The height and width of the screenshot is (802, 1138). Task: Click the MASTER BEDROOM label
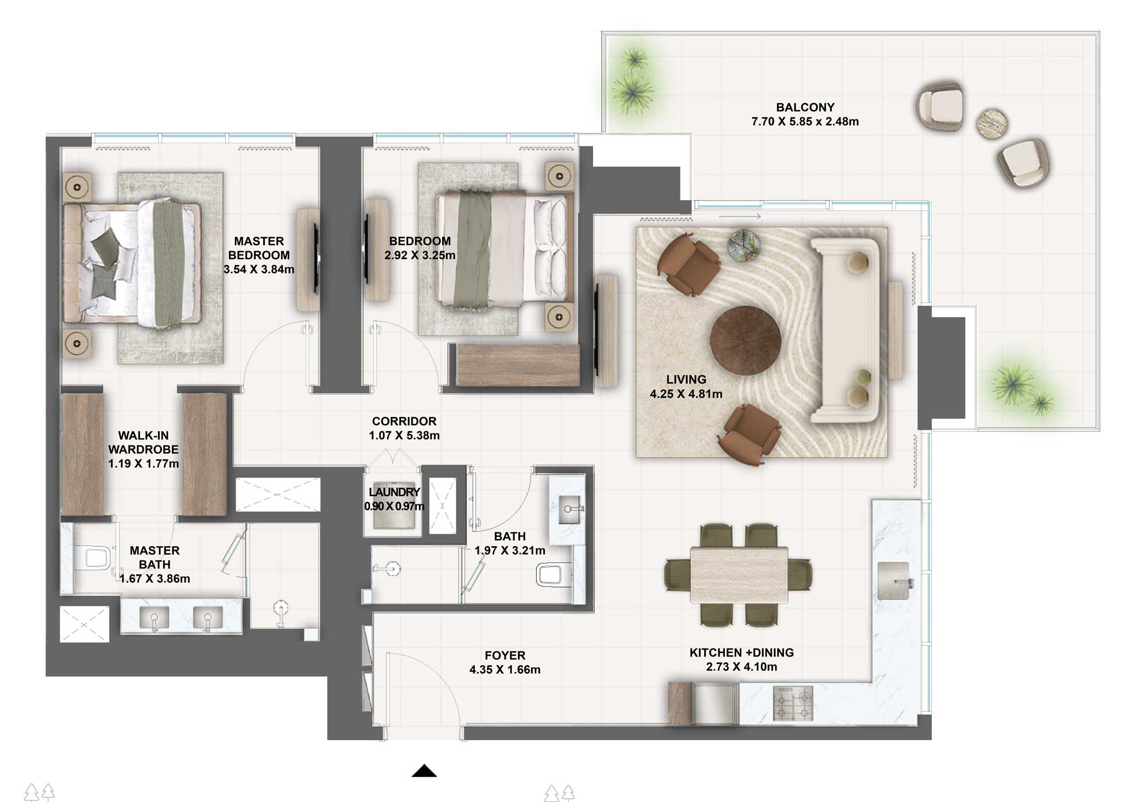(259, 248)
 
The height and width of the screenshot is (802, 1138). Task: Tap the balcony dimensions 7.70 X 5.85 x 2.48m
(805, 122)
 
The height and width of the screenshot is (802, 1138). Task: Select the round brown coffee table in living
(745, 340)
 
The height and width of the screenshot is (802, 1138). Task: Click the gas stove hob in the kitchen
(793, 703)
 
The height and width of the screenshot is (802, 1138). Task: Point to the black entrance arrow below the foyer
(424, 771)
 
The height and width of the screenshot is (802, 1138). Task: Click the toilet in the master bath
(97, 558)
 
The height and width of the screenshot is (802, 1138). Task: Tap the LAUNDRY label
(394, 492)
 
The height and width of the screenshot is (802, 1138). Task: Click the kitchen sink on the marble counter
(893, 581)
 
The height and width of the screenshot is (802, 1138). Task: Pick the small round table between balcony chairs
(991, 123)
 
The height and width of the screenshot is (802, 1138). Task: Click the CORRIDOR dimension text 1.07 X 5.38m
(404, 436)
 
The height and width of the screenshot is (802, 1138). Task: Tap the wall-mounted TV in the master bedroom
(316, 259)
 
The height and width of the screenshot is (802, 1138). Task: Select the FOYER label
(505, 655)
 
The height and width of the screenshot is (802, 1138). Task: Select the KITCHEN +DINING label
(741, 653)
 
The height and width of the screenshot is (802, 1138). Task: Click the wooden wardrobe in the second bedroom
(517, 366)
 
